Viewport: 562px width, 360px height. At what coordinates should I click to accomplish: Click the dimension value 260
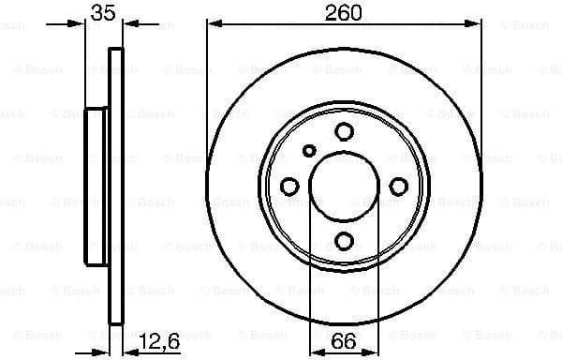[x=345, y=13]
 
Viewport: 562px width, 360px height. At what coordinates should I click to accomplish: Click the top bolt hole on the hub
[x=344, y=132]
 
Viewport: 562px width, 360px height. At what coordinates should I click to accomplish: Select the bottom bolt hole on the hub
[x=344, y=241]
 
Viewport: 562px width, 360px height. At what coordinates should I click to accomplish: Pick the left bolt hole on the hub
[x=289, y=187]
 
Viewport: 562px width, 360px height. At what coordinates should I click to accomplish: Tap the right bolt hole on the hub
[x=398, y=187]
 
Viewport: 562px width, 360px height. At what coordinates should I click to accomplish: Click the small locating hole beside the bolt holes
[x=310, y=149]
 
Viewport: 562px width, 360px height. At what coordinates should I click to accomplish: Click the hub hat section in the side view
[x=97, y=187]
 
